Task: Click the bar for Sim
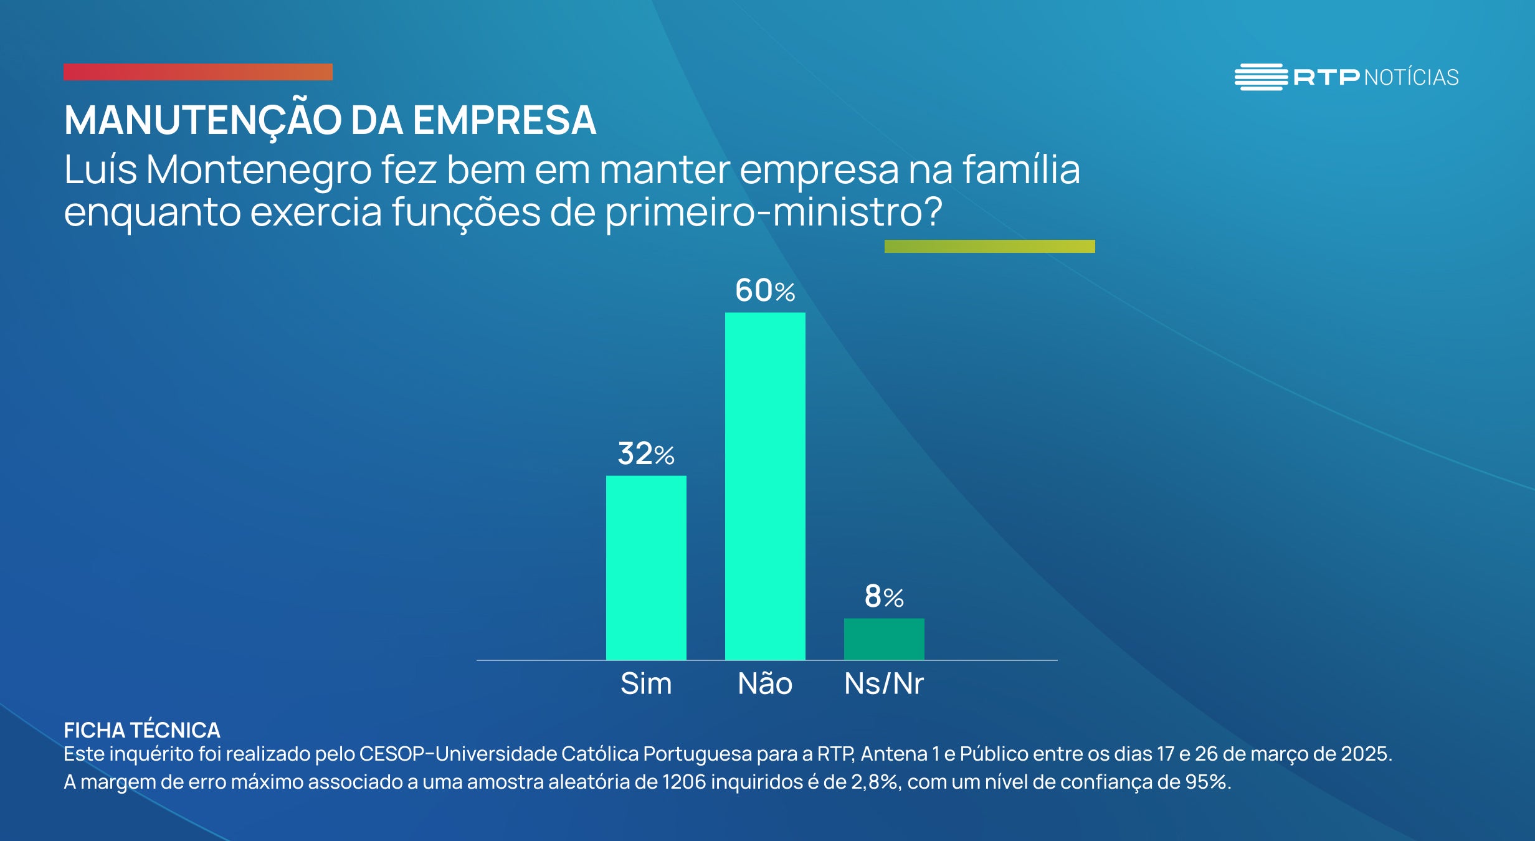tap(646, 568)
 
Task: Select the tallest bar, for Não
tap(765, 486)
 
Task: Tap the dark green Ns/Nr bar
tap(884, 639)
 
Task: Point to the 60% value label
tap(765, 290)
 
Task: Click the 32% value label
tap(646, 454)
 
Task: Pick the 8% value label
tap(884, 596)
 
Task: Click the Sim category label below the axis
tap(646, 683)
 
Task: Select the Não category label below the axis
tap(765, 683)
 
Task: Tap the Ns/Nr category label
tap(884, 683)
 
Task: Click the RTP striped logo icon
tap(1261, 77)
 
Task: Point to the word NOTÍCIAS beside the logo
tap(1412, 78)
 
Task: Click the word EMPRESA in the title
tap(504, 120)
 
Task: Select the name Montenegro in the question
tap(259, 169)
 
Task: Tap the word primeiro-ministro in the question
tap(773, 212)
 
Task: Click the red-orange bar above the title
tap(198, 72)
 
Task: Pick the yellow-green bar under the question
tap(989, 246)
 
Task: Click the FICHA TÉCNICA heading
tap(142, 729)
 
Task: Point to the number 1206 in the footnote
tap(684, 782)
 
